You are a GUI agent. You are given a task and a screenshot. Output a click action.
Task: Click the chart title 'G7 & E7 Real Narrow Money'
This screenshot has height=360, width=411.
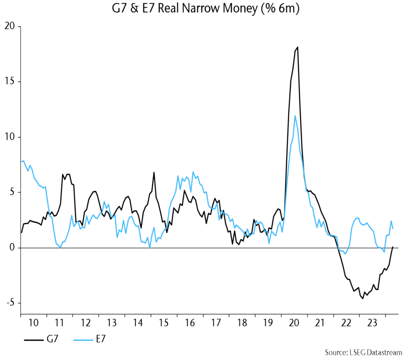tap(205, 8)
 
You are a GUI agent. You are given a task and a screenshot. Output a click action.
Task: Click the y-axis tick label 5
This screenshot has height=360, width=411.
tap(12, 193)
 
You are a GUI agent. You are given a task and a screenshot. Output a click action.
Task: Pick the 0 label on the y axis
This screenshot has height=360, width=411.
tap(12, 248)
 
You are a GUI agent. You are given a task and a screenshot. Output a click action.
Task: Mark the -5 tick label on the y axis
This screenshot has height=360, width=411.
tap(10, 303)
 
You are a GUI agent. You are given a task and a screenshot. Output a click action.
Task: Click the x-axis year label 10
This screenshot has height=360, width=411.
tap(34, 323)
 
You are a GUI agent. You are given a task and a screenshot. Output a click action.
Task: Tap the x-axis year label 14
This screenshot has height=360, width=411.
tap(138, 323)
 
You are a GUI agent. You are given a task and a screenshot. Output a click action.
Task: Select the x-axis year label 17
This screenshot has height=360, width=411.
tap(216, 323)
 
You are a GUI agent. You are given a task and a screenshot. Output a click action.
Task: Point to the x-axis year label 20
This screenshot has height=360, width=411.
tap(294, 323)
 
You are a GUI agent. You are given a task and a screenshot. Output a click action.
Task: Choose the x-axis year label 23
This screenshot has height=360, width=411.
tap(372, 323)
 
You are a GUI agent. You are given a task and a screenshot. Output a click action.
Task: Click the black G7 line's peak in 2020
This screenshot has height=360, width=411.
tap(297, 47)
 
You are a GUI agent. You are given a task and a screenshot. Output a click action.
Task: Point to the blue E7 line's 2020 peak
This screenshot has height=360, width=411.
tap(295, 116)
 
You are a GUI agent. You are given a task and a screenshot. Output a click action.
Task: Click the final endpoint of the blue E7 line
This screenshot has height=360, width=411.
tap(393, 229)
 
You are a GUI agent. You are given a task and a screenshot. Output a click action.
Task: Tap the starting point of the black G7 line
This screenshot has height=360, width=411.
tap(21, 232)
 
